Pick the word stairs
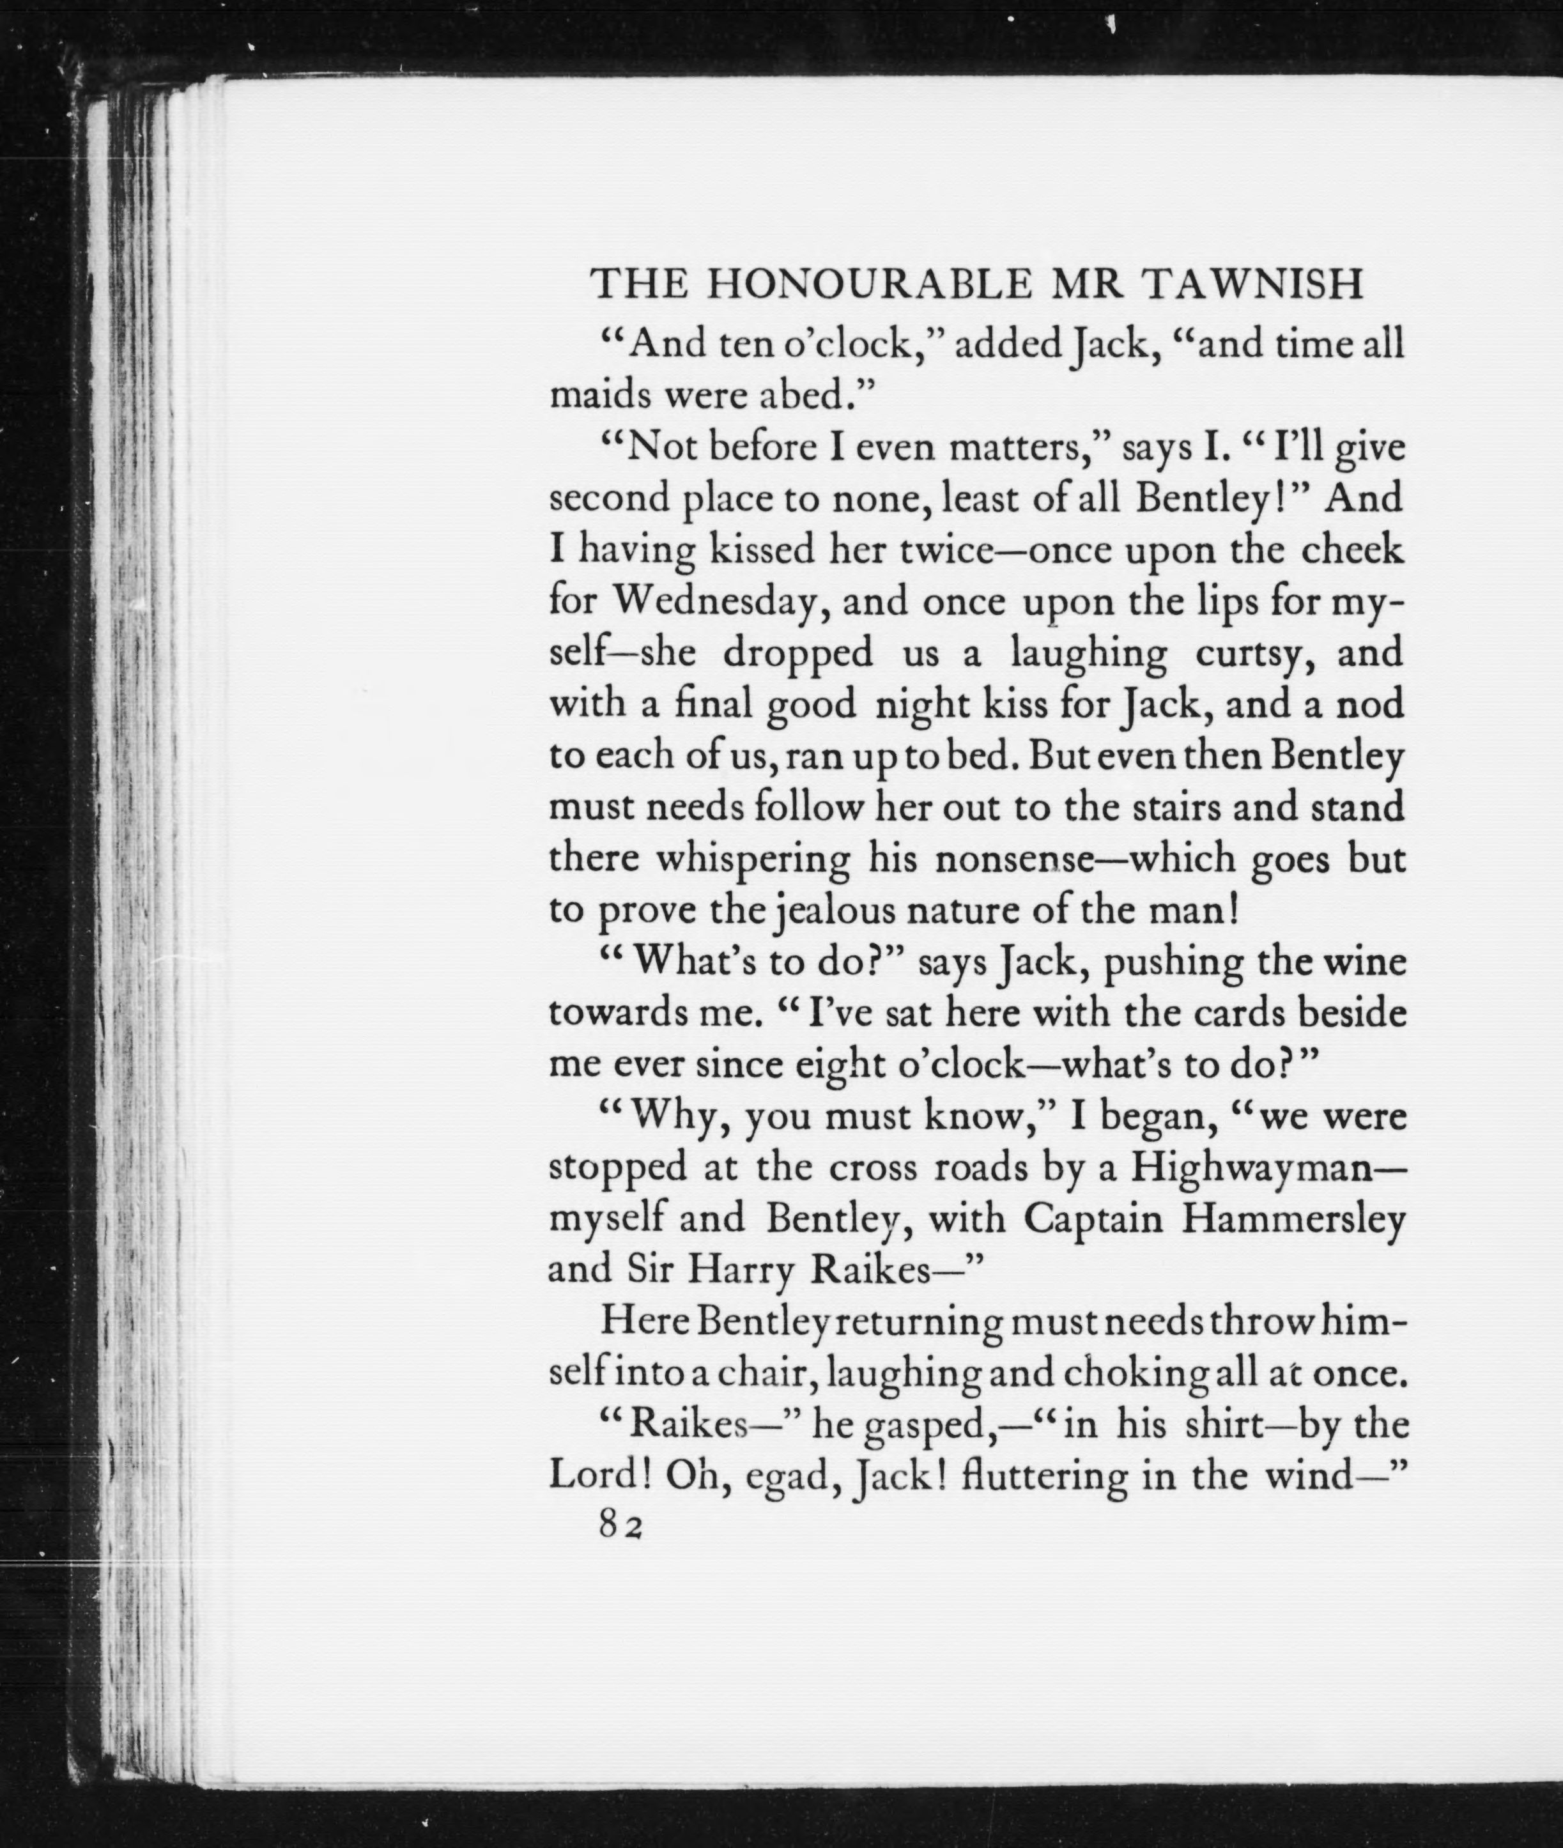coord(1171,808)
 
